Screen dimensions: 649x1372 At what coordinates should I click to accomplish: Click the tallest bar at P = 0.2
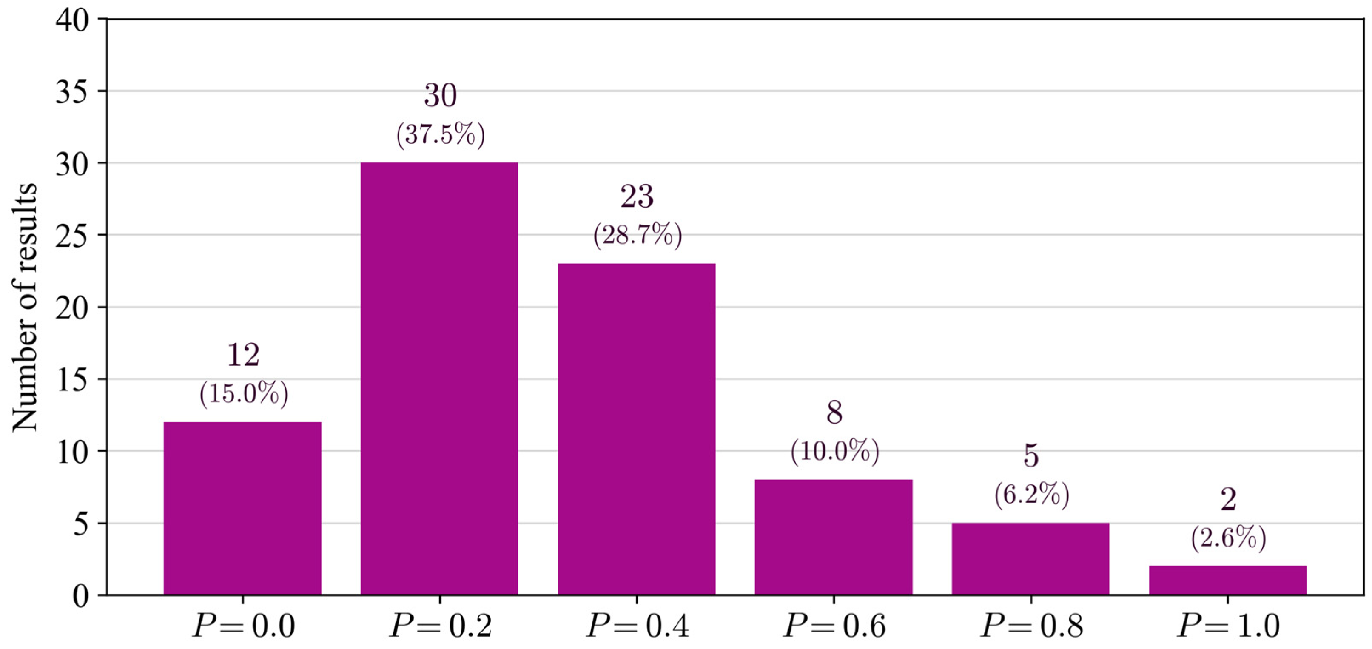[x=439, y=378]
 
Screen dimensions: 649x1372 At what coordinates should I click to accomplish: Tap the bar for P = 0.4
[x=637, y=429]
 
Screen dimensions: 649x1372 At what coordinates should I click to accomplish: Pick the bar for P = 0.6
[x=834, y=537]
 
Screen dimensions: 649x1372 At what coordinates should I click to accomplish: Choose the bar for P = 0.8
[x=1030, y=558]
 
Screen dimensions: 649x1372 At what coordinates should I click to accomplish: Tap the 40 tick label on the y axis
[x=72, y=20]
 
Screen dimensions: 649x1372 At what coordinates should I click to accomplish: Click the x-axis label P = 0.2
[x=441, y=625]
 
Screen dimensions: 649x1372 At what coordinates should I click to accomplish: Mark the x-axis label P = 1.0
[x=1228, y=625]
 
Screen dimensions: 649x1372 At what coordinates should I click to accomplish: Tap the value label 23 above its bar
[x=637, y=196]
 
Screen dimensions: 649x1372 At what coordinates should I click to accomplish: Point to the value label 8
[x=834, y=413]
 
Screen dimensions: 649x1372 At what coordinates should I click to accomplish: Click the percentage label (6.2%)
[x=1032, y=495]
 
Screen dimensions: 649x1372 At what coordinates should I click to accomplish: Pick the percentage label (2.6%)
[x=1228, y=538]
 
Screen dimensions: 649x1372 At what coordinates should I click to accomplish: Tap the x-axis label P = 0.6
[x=834, y=625]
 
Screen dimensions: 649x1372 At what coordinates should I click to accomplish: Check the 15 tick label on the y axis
[x=72, y=380]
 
